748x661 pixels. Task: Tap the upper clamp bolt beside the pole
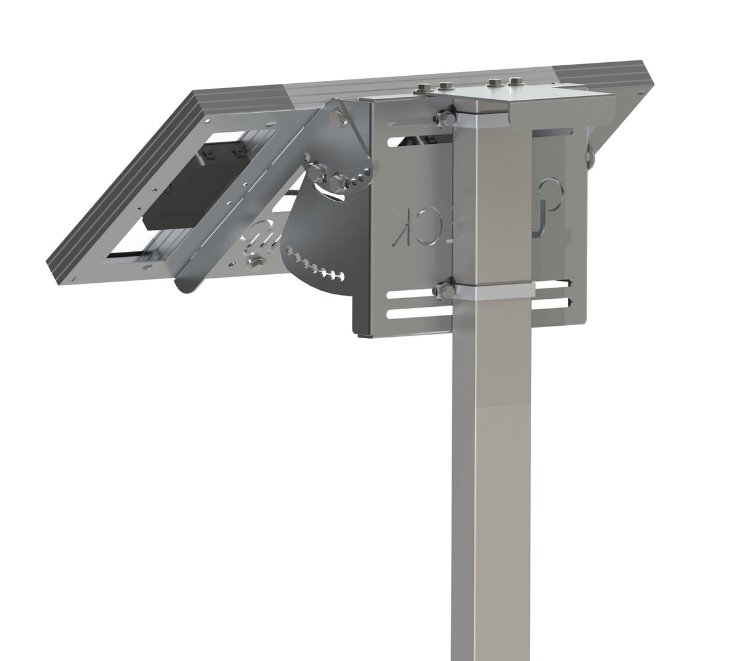445,118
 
